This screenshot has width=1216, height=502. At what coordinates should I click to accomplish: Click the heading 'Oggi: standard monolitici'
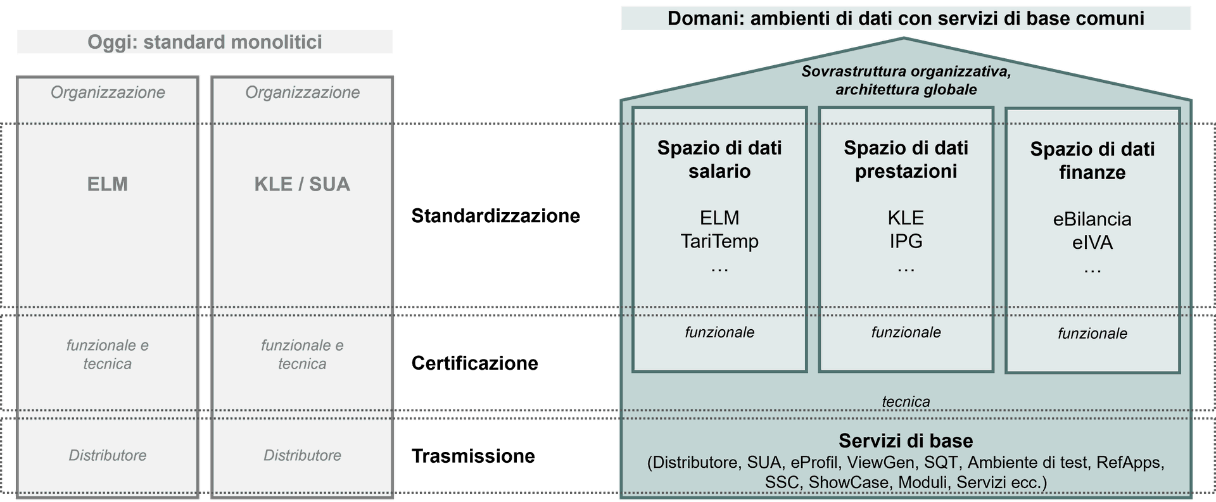coord(205,42)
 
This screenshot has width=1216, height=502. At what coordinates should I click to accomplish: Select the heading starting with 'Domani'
coord(906,18)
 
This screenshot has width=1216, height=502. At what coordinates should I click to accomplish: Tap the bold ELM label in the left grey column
coord(108,184)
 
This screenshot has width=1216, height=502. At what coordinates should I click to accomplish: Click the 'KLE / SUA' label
coord(302,184)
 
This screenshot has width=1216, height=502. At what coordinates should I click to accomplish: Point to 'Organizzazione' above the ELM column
coord(108,92)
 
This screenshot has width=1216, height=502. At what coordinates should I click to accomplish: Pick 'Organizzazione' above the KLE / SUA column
coord(302,92)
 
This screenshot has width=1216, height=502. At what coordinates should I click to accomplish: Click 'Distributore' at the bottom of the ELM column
coord(108,455)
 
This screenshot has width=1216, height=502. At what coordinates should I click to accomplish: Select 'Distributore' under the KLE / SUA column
coord(302,455)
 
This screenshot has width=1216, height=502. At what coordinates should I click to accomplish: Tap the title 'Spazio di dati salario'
coord(719,160)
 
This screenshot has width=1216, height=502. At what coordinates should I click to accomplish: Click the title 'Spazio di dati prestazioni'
coord(906,160)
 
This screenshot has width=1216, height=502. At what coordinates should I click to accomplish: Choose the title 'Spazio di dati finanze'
coord(1092,161)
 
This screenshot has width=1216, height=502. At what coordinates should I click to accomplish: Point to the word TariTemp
coord(719,241)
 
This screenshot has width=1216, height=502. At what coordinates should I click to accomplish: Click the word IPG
coord(906,241)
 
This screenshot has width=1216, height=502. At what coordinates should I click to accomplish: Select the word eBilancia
coord(1092,219)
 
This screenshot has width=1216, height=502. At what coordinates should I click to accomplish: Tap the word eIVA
coord(1092,242)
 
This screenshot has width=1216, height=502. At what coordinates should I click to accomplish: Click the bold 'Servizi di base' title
coord(906,441)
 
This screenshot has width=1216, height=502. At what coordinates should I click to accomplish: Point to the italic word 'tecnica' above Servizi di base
coord(906,401)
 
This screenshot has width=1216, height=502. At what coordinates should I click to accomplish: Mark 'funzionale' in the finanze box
coord(1092,334)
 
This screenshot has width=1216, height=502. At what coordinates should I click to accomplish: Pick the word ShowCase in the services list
coord(849,482)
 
